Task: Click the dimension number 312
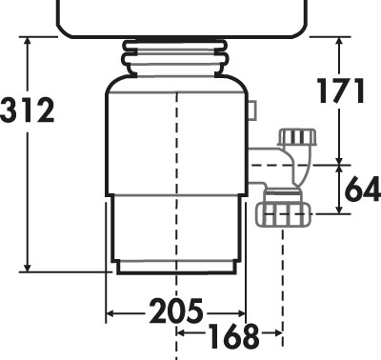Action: (x=28, y=110)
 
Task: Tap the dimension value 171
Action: (x=340, y=91)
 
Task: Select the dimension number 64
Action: (x=363, y=189)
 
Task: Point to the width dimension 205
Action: (x=175, y=310)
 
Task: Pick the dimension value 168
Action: (x=233, y=335)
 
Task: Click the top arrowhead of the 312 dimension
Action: (x=28, y=41)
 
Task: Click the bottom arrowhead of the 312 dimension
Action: (x=28, y=268)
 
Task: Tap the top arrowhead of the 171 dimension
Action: (x=340, y=42)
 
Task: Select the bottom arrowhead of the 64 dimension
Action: (x=340, y=209)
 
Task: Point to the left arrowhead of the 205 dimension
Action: (x=110, y=314)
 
